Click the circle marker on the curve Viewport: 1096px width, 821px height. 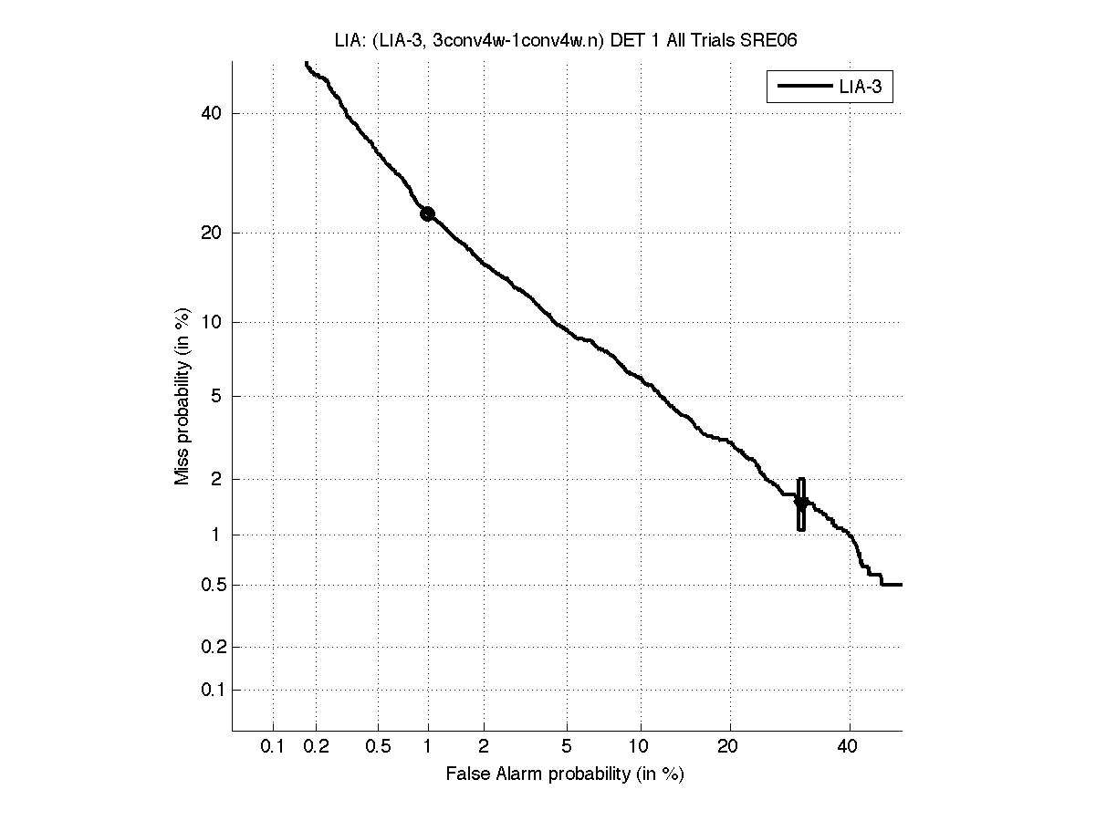pyautogui.click(x=427, y=213)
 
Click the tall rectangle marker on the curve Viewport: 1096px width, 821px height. pyautogui.click(x=801, y=504)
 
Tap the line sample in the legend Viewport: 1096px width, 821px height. pyautogui.click(x=802, y=88)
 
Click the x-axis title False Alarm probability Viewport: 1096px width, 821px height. pyautogui.click(x=565, y=774)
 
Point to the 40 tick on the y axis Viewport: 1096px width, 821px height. pyautogui.click(x=212, y=114)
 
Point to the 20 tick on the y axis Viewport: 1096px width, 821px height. pyautogui.click(x=212, y=233)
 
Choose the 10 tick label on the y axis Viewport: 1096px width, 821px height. pyautogui.click(x=212, y=322)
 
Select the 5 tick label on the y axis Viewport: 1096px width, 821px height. pyautogui.click(x=216, y=396)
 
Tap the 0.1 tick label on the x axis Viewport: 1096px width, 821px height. pyautogui.click(x=273, y=746)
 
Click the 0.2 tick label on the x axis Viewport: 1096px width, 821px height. pyautogui.click(x=317, y=746)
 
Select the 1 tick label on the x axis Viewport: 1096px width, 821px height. pyautogui.click(x=428, y=746)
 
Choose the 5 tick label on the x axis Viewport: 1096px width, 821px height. pyautogui.click(x=567, y=746)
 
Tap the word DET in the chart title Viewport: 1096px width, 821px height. pyautogui.click(x=623, y=40)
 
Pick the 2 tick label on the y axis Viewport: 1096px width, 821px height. pyautogui.click(x=216, y=479)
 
